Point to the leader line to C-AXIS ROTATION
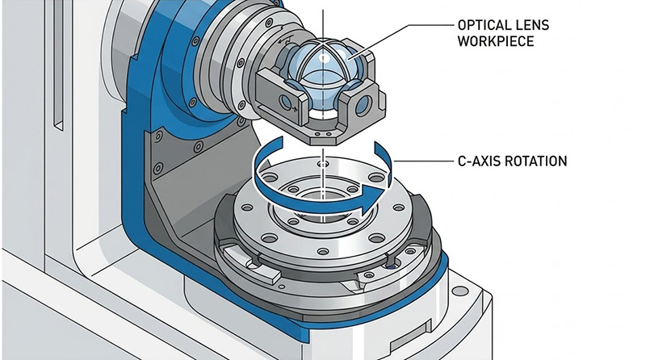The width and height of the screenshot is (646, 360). point(420,161)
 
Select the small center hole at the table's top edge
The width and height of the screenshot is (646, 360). point(323,165)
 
